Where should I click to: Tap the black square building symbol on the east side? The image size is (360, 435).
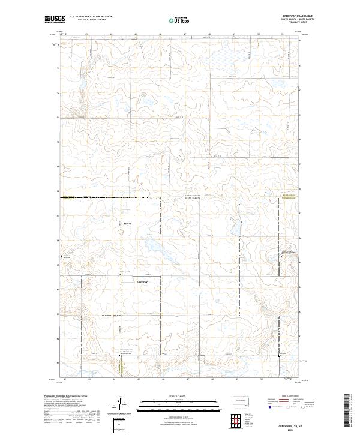pyautogui.click(x=283, y=256)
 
